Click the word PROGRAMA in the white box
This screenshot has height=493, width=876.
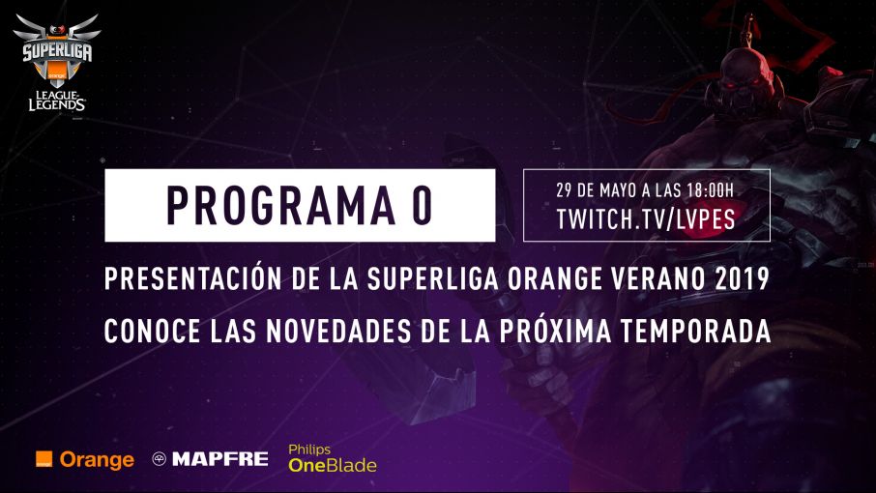(280, 206)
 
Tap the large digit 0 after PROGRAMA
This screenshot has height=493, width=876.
(423, 206)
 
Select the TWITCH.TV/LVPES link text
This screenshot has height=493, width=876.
(646, 219)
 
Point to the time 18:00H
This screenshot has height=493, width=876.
(710, 190)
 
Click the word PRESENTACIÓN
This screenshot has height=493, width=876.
(192, 277)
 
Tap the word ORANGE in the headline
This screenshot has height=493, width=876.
(555, 278)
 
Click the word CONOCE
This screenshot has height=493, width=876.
(152, 332)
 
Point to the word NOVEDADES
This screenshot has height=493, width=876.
(338, 332)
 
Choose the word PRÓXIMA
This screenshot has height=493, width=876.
(555, 330)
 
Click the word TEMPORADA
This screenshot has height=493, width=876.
(695, 332)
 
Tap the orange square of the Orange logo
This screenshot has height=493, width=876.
(44, 459)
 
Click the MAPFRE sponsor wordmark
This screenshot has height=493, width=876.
(220, 459)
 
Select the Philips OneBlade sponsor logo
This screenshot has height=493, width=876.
(333, 458)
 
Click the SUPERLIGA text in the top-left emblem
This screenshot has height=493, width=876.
(57, 52)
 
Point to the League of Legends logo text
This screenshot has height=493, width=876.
(57, 101)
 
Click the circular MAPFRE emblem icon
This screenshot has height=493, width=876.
(160, 459)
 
